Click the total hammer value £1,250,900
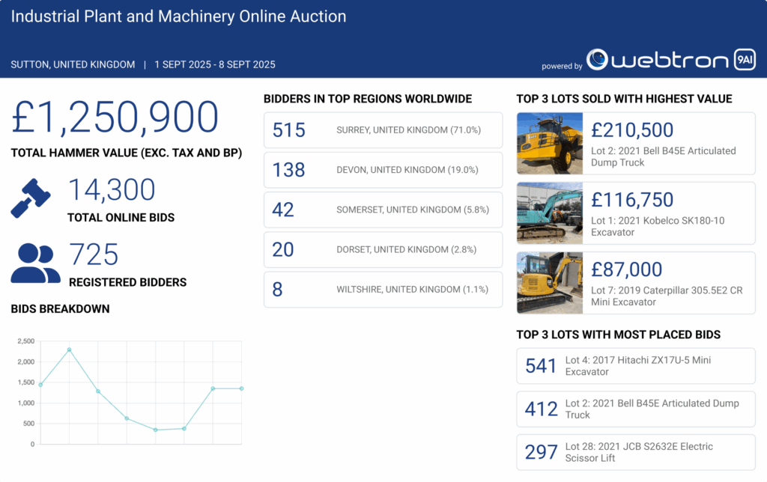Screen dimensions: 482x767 [115, 118]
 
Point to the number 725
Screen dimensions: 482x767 [94, 255]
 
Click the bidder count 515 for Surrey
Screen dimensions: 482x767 [289, 130]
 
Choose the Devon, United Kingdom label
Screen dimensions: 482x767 [407, 170]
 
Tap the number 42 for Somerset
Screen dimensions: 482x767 [283, 210]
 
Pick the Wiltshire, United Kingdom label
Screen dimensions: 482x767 [412, 289]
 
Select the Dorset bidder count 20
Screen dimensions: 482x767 [283, 249]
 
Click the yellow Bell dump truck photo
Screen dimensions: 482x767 [550, 143]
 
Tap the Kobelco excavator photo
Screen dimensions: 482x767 [550, 213]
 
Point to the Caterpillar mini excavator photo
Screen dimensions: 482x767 [550, 283]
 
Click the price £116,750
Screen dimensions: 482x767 [632, 200]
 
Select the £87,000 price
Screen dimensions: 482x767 [626, 270]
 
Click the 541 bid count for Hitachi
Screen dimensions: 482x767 [541, 365]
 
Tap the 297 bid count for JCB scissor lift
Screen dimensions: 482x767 [541, 452]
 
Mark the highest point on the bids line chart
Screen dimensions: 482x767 [69, 350]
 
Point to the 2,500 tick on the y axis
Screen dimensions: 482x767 [25, 341]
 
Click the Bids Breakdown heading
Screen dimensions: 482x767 [60, 308]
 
